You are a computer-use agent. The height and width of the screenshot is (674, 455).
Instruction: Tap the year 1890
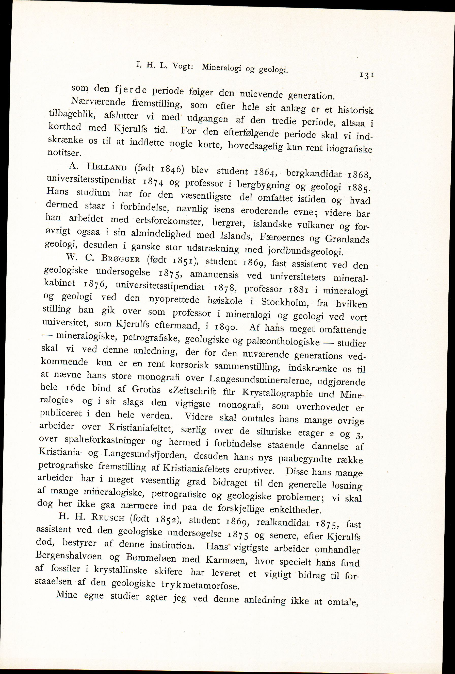225,327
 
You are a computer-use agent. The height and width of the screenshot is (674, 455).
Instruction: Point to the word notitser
62,152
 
